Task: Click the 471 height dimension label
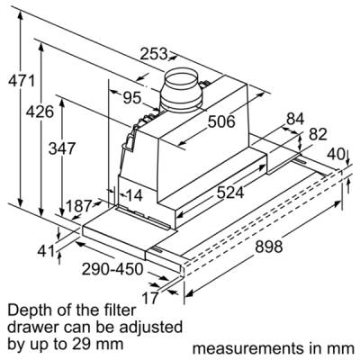click(22, 81)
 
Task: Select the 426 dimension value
click(40, 112)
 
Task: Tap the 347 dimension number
click(62, 148)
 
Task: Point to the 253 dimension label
click(154, 54)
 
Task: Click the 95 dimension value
click(132, 97)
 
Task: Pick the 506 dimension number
click(221, 121)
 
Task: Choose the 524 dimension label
click(230, 193)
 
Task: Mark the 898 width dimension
click(269, 247)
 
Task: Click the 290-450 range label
click(112, 269)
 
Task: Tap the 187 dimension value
click(78, 206)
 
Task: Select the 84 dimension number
click(295, 119)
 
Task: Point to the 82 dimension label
click(318, 135)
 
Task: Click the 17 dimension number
click(149, 298)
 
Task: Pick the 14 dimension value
click(134, 195)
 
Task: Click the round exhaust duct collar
click(181, 89)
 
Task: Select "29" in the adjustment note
click(85, 343)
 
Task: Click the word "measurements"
click(248, 348)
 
